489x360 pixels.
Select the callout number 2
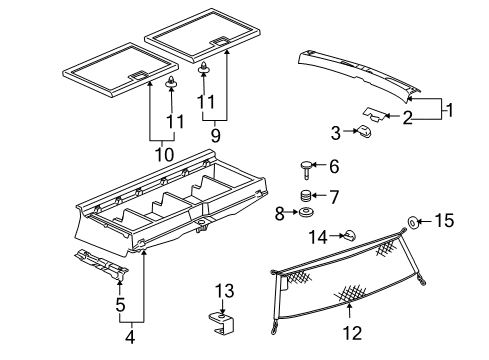407,117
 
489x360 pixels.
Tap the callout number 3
336,130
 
